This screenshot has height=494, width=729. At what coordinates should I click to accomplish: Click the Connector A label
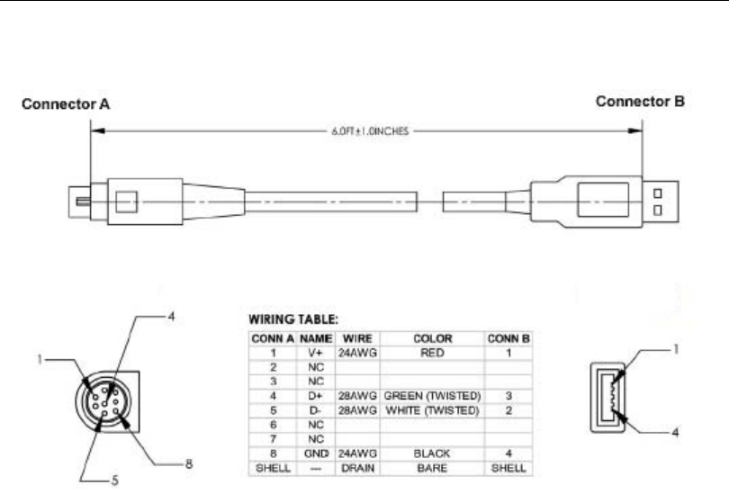66,103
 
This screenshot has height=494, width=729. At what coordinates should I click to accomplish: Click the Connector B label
640,102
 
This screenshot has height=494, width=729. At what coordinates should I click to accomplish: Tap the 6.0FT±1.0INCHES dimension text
370,131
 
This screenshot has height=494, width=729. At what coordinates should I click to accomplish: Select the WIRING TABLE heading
293,319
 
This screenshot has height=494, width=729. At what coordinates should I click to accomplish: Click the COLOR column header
432,338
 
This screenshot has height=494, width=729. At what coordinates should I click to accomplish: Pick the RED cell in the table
432,353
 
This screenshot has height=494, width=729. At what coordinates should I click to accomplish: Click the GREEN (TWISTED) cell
432,396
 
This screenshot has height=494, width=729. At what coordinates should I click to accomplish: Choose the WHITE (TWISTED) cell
432,410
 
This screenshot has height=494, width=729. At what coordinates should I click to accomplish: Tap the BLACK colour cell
432,454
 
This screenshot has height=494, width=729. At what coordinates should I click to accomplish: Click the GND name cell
316,454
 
